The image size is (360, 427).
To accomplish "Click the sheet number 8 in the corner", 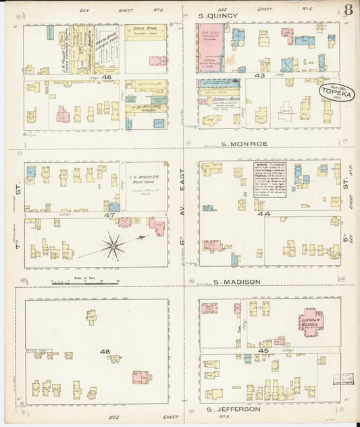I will tap(348, 9).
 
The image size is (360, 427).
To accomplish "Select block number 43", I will tap(259, 76).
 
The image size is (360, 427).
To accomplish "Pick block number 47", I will tap(108, 214).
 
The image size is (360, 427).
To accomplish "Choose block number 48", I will tap(105, 351).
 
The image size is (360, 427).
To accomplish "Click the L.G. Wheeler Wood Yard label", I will tap(142, 178).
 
